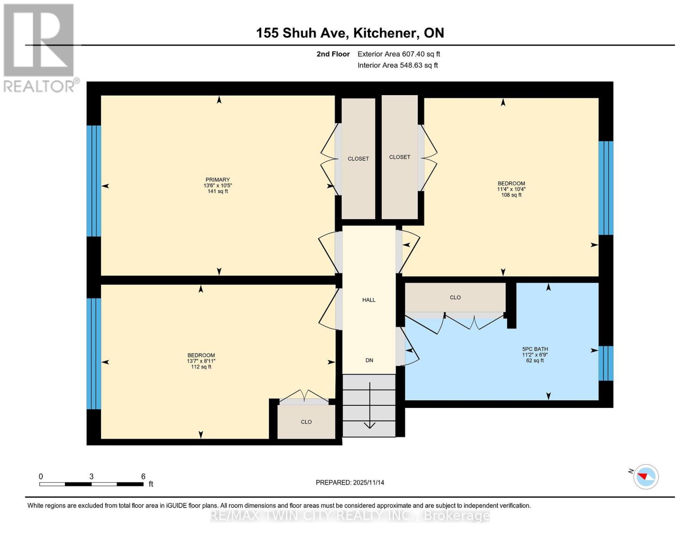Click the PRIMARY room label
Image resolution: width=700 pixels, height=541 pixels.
point(218,179)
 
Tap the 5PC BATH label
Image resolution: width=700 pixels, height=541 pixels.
point(535,349)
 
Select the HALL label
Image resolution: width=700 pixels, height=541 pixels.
point(369,300)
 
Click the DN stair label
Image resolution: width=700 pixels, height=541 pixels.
point(369,360)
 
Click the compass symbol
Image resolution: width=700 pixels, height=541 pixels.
point(646,477)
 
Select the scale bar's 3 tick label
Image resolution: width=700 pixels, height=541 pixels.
point(92,477)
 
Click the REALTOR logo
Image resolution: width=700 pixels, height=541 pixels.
point(40,48)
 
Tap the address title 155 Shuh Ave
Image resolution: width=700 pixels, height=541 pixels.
point(350,33)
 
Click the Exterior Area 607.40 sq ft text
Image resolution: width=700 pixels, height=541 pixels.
point(398,54)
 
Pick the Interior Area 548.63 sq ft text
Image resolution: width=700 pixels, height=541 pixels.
point(398,65)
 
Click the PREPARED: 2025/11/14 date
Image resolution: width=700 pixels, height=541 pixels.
point(350,482)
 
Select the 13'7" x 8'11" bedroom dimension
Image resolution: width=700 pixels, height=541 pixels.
point(201,361)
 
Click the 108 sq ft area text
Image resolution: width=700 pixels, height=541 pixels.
point(511,195)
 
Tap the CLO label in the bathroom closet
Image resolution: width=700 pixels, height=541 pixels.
point(455,298)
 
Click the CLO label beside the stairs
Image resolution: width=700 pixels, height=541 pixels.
point(306,422)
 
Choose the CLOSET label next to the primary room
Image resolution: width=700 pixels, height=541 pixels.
point(358,159)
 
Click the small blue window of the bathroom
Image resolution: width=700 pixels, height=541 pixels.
point(605,363)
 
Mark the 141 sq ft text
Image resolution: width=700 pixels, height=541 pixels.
point(218,191)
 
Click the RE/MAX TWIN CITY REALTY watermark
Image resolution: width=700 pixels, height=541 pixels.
point(350,516)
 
